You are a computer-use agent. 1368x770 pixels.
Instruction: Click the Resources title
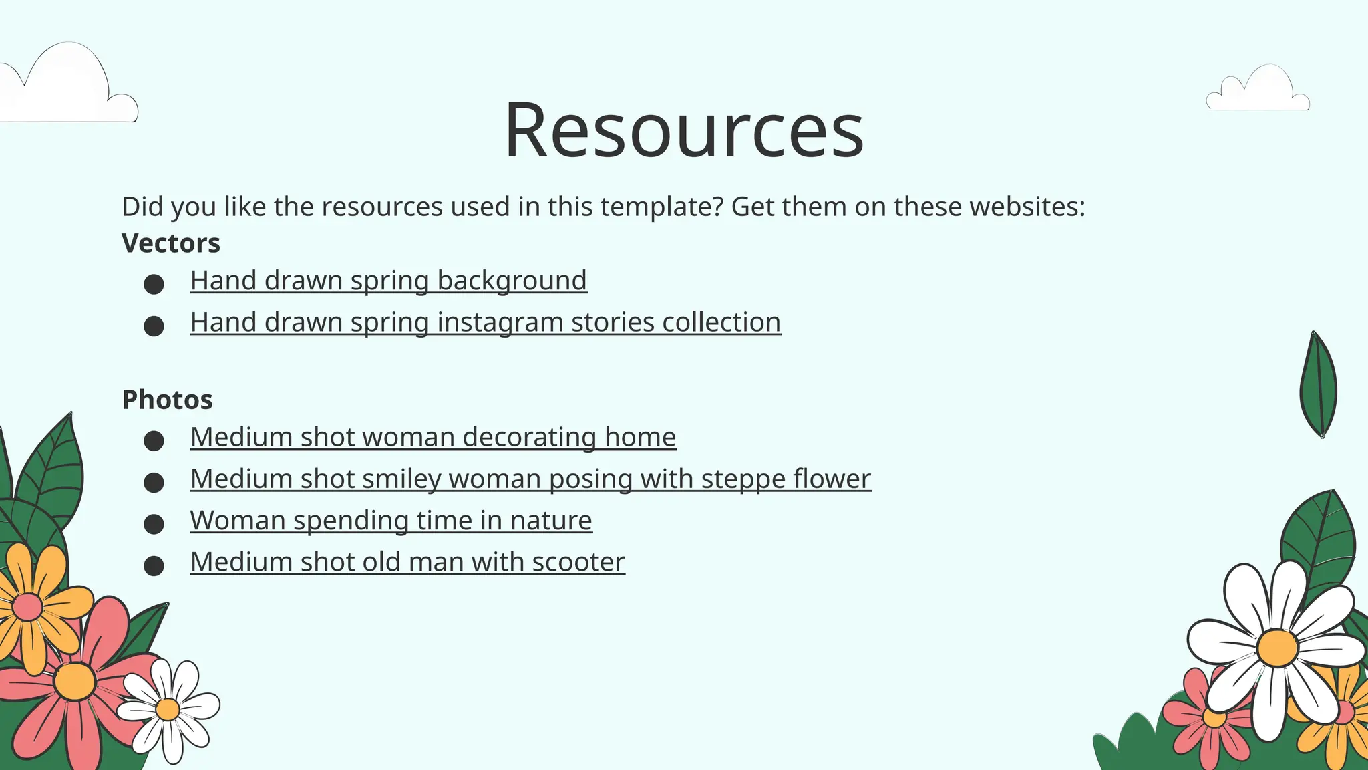683,130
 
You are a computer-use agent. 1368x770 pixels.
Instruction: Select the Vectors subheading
171,243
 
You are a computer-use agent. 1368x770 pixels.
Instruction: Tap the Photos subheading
167,400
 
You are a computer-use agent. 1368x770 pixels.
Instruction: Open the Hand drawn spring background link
388,281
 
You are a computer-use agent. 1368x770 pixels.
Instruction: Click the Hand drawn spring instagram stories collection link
485,322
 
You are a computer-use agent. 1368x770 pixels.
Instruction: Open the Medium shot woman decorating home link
433,437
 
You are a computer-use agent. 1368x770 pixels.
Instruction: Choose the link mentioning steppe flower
530,479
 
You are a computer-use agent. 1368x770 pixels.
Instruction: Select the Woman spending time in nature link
391,520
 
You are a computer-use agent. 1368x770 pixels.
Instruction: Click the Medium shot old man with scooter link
407,562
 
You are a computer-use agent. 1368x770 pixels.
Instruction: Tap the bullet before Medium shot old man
154,566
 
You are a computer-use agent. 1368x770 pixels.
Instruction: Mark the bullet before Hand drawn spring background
154,285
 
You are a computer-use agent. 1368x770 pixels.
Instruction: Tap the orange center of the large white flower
1276,647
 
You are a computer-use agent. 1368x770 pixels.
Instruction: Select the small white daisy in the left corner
168,710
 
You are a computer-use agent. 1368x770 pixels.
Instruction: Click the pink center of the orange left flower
27,606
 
